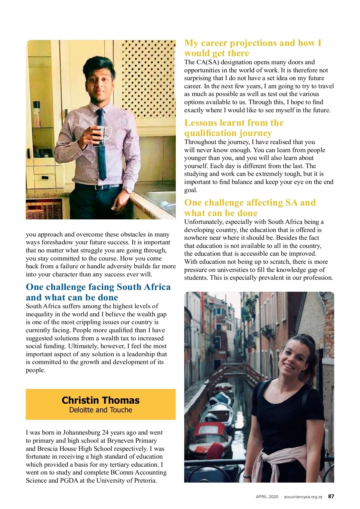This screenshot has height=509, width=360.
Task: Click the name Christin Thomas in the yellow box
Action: click(100, 400)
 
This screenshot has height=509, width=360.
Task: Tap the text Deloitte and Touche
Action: click(100, 410)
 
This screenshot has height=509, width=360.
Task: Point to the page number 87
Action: click(331, 496)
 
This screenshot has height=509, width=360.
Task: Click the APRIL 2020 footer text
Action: click(267, 497)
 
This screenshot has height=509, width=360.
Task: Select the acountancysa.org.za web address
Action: click(303, 497)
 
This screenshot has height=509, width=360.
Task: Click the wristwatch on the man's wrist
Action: click(129, 190)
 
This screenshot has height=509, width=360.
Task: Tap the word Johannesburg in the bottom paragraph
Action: click(82, 432)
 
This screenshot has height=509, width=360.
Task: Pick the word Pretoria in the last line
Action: click(144, 480)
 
